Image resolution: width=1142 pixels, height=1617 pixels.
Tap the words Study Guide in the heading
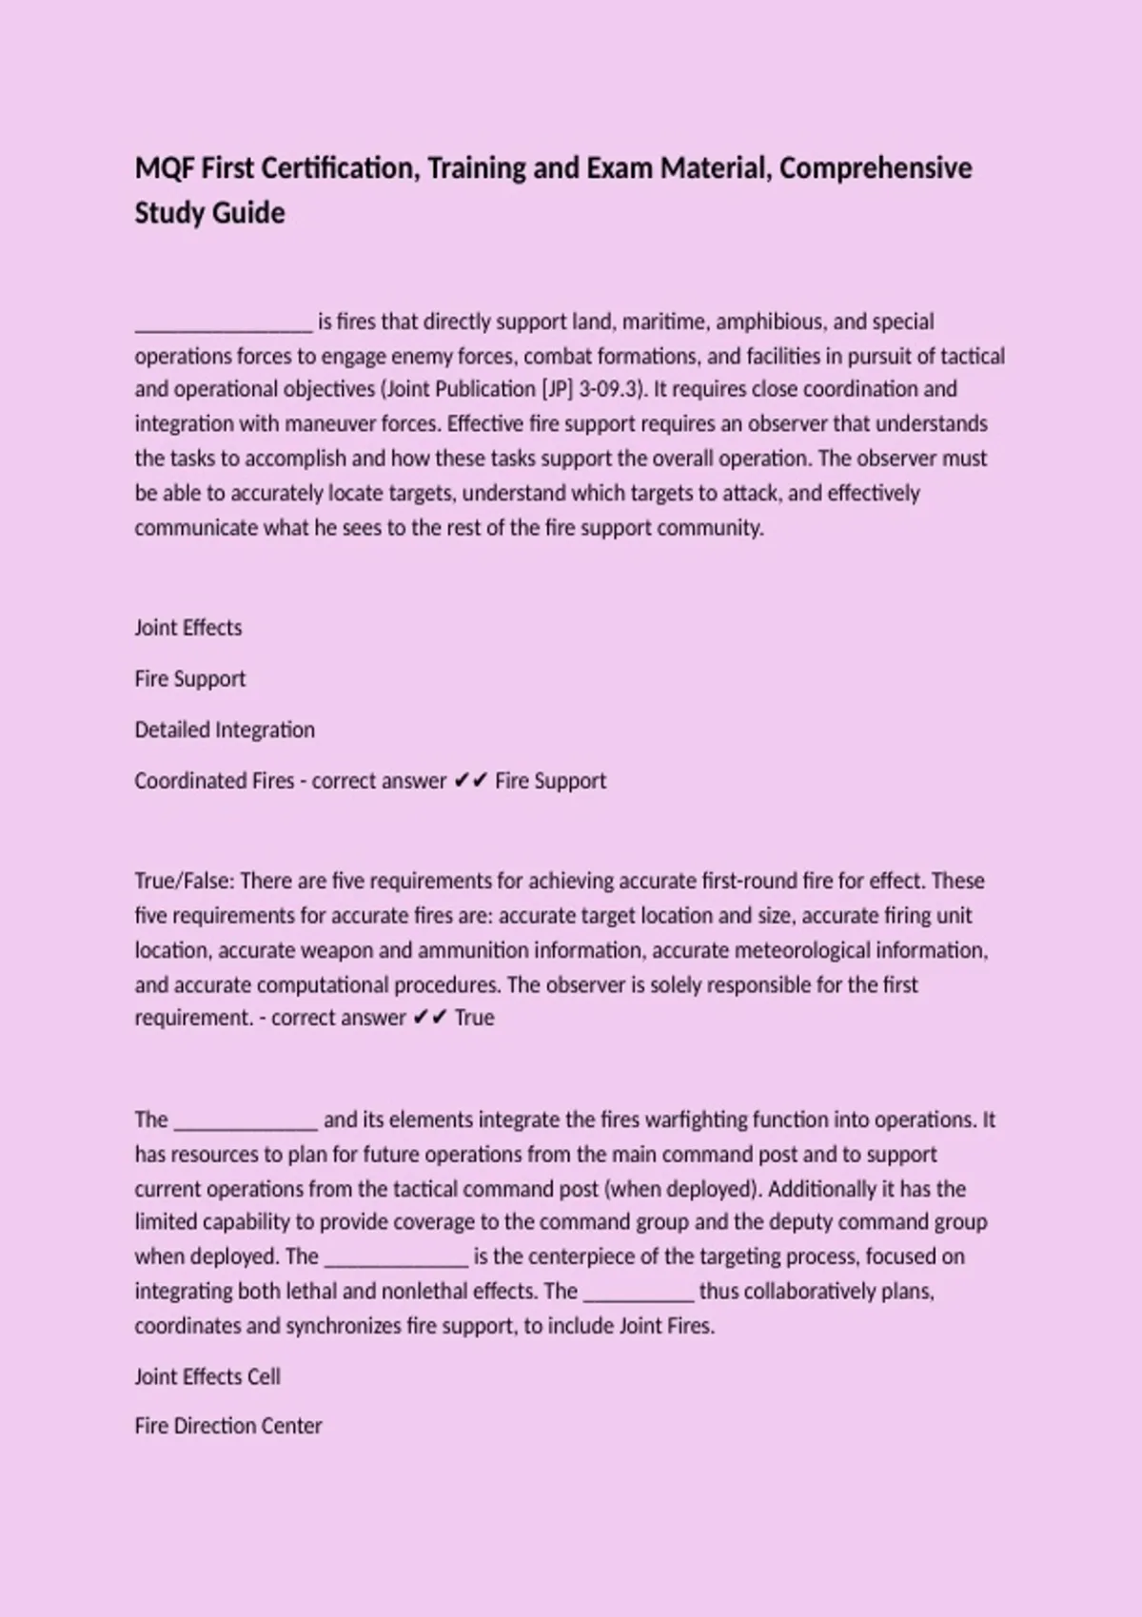pos(209,212)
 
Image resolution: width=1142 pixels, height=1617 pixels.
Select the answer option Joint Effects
pos(188,628)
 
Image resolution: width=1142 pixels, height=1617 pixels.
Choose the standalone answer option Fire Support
pos(190,679)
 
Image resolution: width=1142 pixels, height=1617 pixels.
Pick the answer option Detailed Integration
pos(225,730)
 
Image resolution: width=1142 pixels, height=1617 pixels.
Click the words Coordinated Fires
pos(214,781)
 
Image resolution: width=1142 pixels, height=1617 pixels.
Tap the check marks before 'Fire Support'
pos(470,781)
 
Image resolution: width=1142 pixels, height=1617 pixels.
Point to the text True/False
pos(184,881)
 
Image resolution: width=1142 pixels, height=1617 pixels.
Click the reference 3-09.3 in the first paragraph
pos(606,389)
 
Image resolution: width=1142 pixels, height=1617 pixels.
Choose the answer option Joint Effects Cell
pos(207,1376)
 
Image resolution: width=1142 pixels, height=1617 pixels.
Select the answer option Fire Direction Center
pos(228,1426)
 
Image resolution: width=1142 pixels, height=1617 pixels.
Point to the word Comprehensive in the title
pos(876,168)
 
